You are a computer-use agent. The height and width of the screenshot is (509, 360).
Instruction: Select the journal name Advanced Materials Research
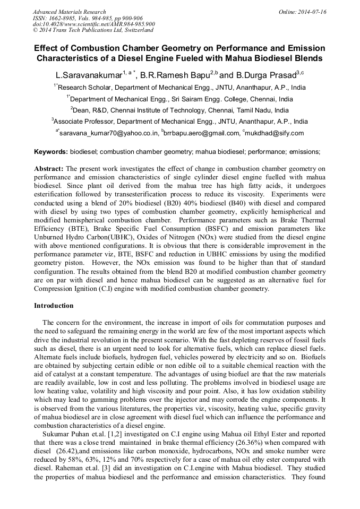coord(69,12)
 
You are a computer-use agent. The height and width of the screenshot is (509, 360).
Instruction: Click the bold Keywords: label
coord(51,152)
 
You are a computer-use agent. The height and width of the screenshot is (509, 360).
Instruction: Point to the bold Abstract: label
coord(49,168)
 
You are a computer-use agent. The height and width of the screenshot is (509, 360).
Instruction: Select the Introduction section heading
coord(54,306)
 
